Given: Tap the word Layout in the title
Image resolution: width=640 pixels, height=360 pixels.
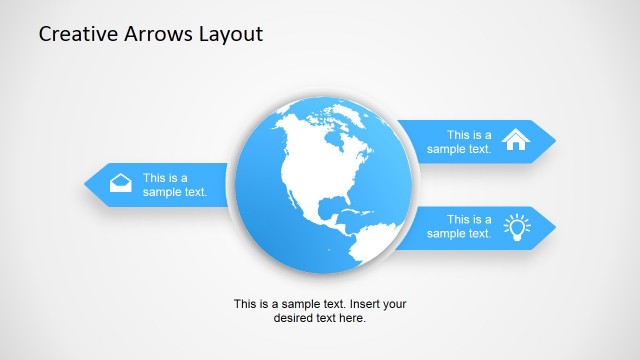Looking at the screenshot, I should [x=231, y=35].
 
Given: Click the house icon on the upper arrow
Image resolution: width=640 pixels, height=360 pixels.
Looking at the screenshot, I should [x=516, y=140].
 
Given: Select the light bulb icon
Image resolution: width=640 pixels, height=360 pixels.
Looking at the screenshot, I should [x=516, y=227].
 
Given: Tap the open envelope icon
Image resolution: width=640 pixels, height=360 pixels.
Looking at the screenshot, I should [x=120, y=183].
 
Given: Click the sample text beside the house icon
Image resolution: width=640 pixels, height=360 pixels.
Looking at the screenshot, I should [x=460, y=141].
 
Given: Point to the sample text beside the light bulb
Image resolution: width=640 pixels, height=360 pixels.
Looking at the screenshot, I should [x=460, y=227].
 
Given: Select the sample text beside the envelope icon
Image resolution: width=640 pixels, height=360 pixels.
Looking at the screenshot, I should [x=175, y=185].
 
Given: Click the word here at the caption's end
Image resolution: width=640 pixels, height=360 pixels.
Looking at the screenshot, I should [x=353, y=318].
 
